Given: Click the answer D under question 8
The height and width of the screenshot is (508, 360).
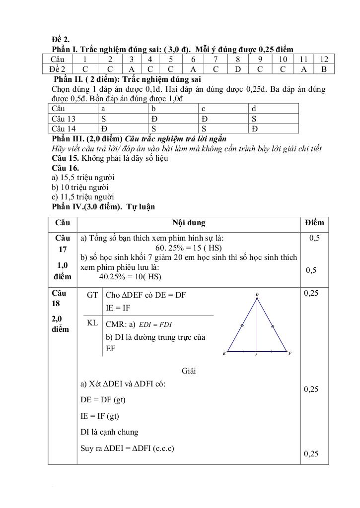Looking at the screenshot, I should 238,69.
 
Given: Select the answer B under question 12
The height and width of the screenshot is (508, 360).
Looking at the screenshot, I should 324,69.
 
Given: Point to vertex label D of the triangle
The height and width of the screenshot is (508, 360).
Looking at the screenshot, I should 257,295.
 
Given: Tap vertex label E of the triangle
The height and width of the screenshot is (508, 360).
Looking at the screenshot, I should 224,354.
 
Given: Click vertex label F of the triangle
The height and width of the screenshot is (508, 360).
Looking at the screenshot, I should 290,353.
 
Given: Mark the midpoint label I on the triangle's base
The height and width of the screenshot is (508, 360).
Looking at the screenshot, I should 256,355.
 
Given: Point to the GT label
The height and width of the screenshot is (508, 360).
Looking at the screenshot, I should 92,295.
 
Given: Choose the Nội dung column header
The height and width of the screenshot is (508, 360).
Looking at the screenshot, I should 189,223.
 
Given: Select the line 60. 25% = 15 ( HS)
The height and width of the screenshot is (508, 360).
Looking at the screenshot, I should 189,248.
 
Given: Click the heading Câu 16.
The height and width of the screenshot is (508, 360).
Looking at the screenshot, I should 65,168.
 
